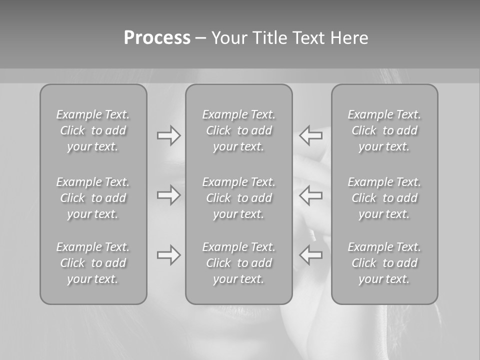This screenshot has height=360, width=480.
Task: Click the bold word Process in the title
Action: pos(157,38)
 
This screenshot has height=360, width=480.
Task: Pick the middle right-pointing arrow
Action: pos(169,195)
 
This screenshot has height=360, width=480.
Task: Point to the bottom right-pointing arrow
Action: pos(169,255)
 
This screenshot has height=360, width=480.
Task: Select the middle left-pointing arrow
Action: pos(310,195)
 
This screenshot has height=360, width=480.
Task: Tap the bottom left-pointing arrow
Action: pos(310,255)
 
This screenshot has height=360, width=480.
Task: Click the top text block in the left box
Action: pos(93,130)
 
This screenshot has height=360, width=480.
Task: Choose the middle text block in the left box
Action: pos(93,198)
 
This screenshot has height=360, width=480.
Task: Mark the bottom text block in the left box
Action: pos(93,263)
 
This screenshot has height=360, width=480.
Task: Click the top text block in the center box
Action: pos(238,130)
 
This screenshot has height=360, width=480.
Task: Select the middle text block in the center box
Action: pos(238,198)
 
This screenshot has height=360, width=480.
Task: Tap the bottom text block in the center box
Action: pos(238,263)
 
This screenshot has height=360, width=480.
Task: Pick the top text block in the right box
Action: pos(384,130)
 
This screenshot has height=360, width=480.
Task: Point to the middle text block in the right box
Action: pos(384,198)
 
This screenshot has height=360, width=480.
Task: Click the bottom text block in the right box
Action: pos(384,263)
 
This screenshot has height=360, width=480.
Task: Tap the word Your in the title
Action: pos(228,38)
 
